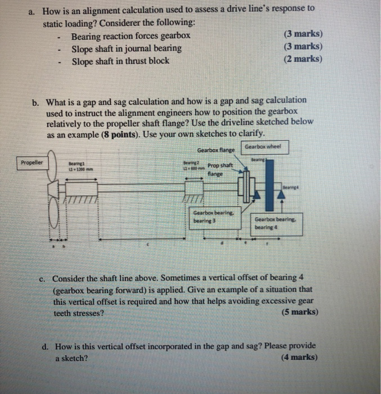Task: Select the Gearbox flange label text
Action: coord(216,150)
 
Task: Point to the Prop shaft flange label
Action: coord(220,169)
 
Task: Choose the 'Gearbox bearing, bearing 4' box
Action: coord(272,223)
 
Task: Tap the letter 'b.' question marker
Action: coord(36,102)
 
